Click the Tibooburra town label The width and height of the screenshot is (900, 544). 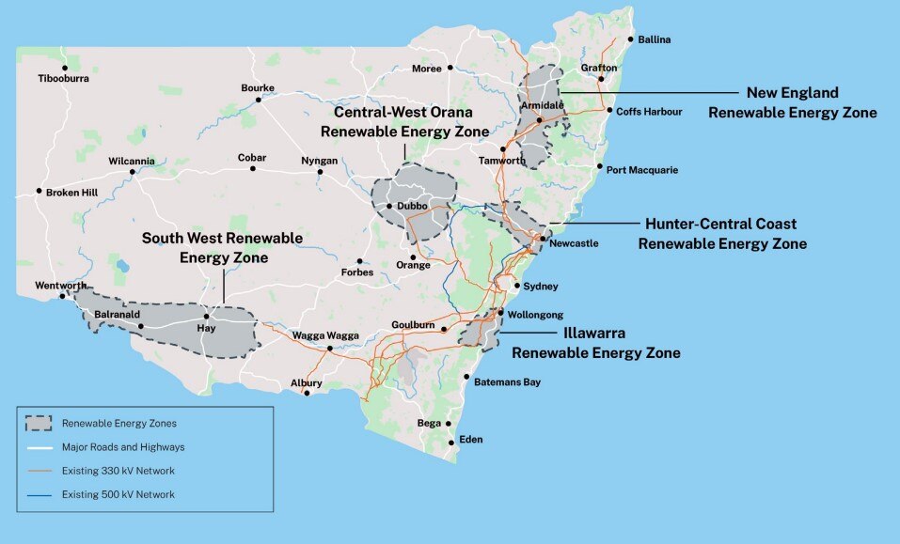coord(64,79)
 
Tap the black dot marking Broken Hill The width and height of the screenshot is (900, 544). coord(39,192)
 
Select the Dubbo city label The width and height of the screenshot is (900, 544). coord(412,206)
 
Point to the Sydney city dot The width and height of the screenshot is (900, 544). coord(516,286)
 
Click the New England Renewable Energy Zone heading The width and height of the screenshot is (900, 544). coord(792,102)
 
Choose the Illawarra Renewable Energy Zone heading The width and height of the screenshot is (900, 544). coord(594,343)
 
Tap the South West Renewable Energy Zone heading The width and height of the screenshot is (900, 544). coord(222,247)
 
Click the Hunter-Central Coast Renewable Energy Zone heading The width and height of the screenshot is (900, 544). coord(721,233)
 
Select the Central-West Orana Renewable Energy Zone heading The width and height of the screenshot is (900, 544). coord(404,121)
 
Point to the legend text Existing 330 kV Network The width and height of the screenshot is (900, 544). coord(118,470)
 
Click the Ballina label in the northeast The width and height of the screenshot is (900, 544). coord(655,40)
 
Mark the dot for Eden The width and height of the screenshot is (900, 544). coord(451,443)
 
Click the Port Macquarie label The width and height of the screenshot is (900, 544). coord(641,170)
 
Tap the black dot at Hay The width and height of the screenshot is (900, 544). coord(206,317)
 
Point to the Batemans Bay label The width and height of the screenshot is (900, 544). coord(507,382)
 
